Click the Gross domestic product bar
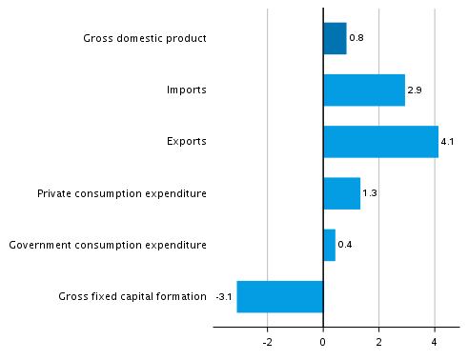click(335, 38)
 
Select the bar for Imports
click(364, 90)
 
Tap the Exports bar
click(380, 141)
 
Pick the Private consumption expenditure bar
click(341, 193)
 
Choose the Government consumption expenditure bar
click(329, 245)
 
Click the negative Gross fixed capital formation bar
click(280, 296)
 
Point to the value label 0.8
click(356, 38)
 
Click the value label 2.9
click(415, 90)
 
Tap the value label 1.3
click(370, 193)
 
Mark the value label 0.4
click(345, 245)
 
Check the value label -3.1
click(224, 296)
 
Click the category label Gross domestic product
click(145, 38)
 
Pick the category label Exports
click(186, 142)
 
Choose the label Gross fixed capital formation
click(132, 296)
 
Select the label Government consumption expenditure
click(108, 245)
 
